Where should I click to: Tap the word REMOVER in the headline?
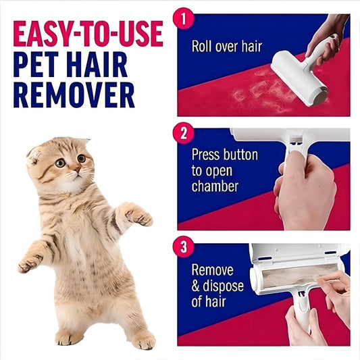[x=74, y=95]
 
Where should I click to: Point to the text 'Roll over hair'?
[x=227, y=47]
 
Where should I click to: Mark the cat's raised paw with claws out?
[x=140, y=217]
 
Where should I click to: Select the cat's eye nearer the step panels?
[x=81, y=159]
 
